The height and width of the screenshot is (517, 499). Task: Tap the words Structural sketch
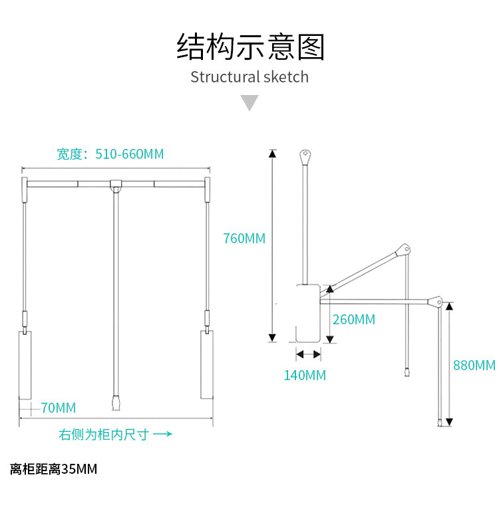[x=249, y=77]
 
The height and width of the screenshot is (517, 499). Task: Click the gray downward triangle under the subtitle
[x=249, y=103]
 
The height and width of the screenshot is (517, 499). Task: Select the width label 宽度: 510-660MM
[x=110, y=154]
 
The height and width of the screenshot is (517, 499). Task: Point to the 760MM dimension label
[x=244, y=238]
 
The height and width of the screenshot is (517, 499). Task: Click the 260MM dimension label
[x=354, y=320]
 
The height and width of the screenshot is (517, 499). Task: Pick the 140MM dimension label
[x=305, y=375]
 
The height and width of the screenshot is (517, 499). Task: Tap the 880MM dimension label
[x=474, y=365]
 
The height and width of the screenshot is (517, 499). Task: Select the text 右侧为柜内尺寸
[x=104, y=435]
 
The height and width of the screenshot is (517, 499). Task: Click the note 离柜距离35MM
[x=54, y=469]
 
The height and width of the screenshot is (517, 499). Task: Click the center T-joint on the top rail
[x=116, y=184]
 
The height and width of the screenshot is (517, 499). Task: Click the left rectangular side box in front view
[x=25, y=365]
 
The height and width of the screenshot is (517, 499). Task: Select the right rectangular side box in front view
[x=207, y=365]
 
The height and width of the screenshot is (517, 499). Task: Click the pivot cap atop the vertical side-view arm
[x=305, y=156]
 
